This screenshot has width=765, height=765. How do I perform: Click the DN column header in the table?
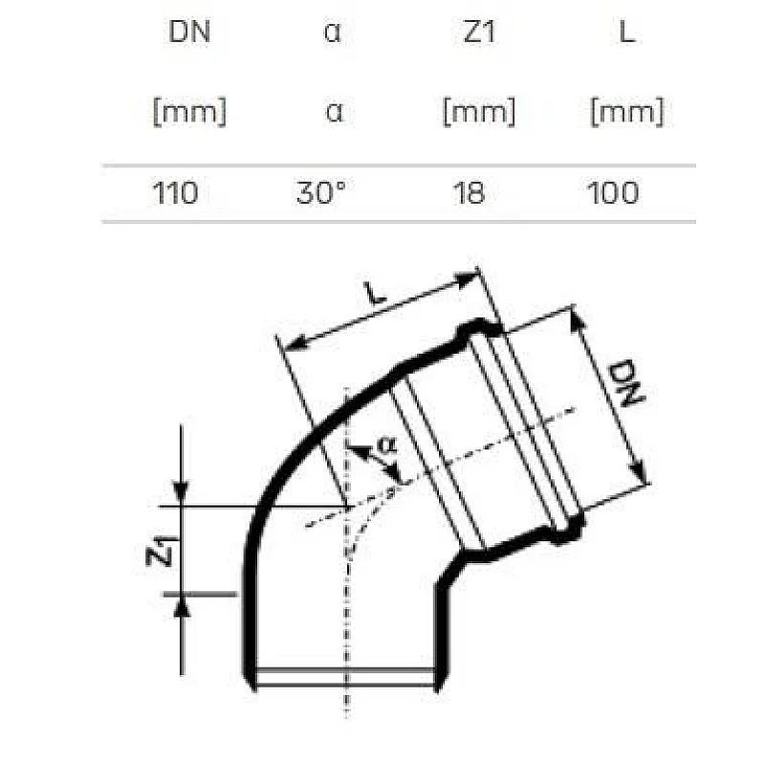click(x=189, y=32)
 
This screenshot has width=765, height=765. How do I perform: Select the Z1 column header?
click(x=478, y=32)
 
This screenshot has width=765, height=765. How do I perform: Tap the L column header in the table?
click(x=626, y=32)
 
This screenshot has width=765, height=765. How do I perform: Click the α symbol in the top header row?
click(x=333, y=32)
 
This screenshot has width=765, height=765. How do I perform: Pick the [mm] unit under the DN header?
click(x=189, y=113)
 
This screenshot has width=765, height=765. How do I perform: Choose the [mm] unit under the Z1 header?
click(x=478, y=113)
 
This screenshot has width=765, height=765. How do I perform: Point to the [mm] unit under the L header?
click(x=626, y=113)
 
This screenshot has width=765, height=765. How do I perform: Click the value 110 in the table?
click(x=176, y=193)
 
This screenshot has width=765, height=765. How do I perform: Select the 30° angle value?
click(x=320, y=193)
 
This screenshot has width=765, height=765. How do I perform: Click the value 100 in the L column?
click(x=613, y=193)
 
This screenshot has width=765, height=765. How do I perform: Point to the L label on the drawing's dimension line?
click(x=376, y=294)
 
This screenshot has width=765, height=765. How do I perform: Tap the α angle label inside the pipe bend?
click(x=385, y=445)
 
